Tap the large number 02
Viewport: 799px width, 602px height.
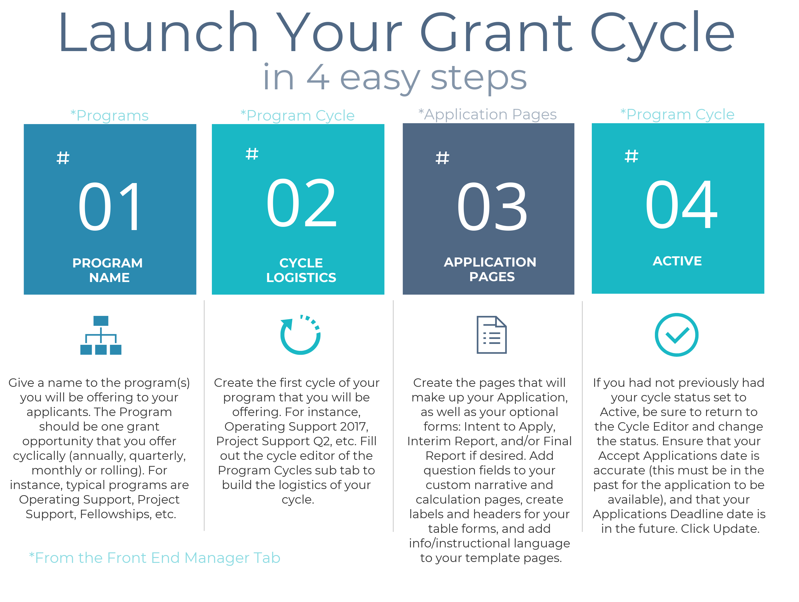301,203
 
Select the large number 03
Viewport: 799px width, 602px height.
492,206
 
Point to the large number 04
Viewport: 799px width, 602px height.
681,204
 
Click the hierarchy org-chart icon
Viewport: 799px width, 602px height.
101,335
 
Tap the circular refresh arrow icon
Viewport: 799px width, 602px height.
300,335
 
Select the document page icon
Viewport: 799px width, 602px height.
492,335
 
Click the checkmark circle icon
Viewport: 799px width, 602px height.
677,335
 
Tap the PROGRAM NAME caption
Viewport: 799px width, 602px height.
108,270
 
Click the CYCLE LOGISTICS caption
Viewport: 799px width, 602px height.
301,270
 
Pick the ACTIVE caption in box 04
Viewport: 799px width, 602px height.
677,261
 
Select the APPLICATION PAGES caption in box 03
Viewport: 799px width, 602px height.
490,269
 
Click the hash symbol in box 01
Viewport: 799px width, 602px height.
63,158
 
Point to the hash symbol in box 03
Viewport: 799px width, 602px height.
442,158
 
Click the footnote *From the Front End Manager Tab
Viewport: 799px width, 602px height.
155,558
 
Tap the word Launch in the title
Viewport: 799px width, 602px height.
158,32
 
